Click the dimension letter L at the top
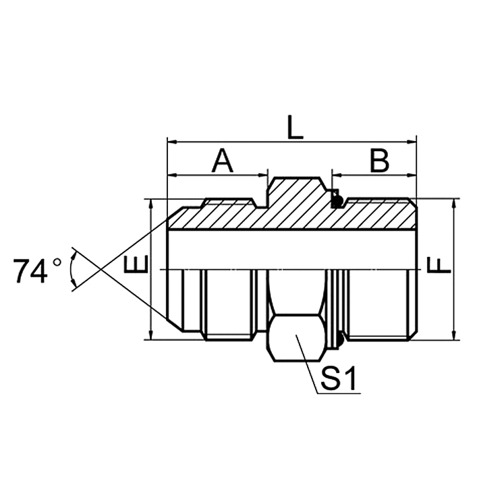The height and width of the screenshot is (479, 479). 295,127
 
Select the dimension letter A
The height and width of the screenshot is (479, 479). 223,161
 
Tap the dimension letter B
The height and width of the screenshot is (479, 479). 378,161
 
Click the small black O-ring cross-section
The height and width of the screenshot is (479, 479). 336,199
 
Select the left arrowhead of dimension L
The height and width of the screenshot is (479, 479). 171,142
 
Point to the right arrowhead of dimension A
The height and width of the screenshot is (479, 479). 265,176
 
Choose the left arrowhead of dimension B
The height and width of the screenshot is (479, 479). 335,176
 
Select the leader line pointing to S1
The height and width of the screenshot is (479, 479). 307,364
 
